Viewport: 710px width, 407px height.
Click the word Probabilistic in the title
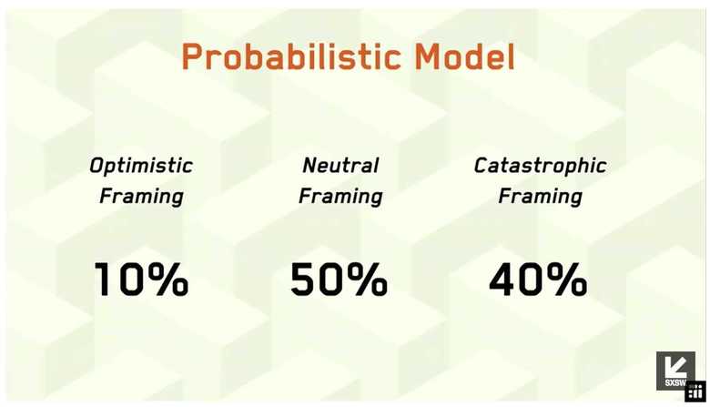coord(291,56)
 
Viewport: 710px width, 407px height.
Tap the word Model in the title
coord(465,56)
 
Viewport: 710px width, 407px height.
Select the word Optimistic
coord(141,166)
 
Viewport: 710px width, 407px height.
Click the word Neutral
coord(340,165)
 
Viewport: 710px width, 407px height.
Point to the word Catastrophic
coord(540,166)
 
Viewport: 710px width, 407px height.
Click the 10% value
coord(141,280)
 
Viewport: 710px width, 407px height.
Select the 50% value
coord(340,280)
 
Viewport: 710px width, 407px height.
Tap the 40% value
coord(538,280)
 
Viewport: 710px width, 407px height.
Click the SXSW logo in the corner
coord(675,371)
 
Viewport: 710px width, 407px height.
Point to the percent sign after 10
coord(167,280)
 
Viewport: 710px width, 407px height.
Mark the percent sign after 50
coord(367,280)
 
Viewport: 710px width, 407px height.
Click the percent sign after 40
coord(566,280)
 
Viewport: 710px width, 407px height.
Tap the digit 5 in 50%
coord(302,280)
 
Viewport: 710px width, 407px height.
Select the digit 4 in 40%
coord(502,280)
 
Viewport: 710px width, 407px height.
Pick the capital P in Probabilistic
coord(191,56)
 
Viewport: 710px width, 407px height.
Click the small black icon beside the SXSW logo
coord(695,392)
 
